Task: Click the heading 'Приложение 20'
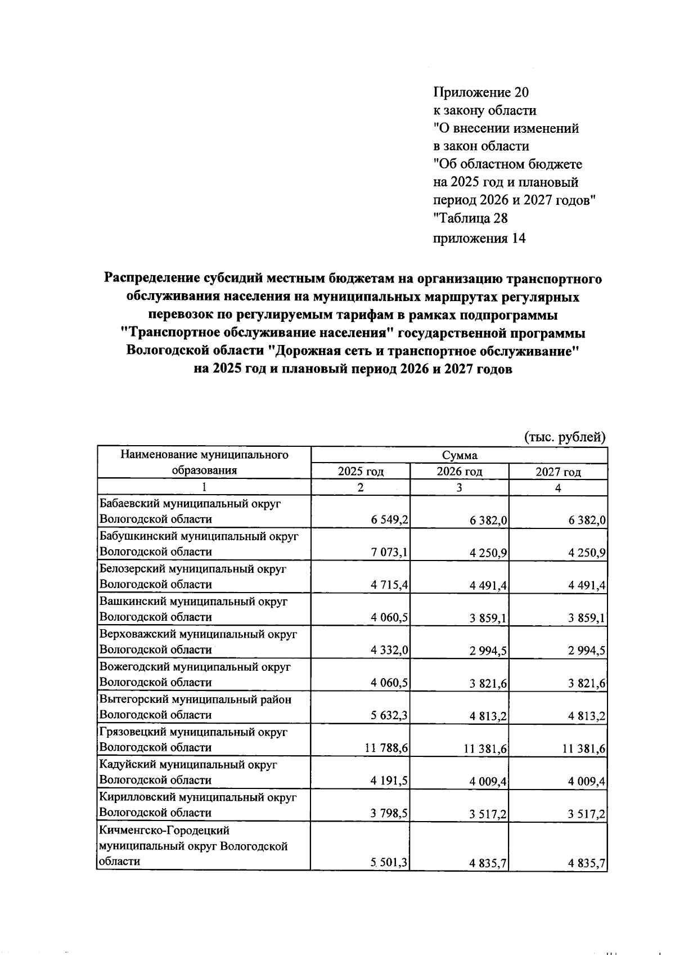coord(481,92)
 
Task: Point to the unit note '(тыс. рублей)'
coord(565,437)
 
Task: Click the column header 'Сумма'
coord(459,455)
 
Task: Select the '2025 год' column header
coord(361,472)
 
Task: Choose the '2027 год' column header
coord(558,472)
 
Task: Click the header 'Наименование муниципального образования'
coord(204,463)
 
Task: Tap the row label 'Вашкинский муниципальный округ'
coord(193,602)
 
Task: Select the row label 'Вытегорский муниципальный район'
coord(195,700)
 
